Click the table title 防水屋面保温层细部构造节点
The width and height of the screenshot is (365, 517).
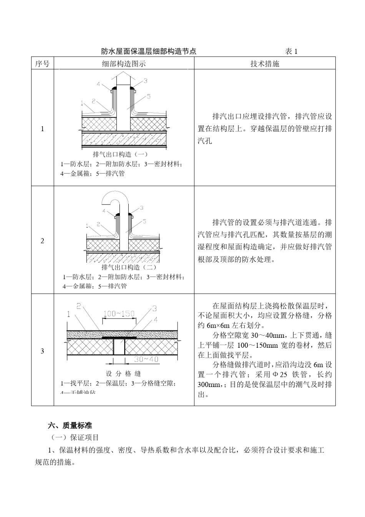click(x=148, y=51)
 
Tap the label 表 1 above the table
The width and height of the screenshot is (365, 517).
click(x=292, y=51)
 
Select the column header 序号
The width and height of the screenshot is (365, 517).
click(x=42, y=64)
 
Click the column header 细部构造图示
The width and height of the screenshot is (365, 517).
click(x=124, y=64)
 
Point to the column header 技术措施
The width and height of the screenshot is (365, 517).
click(x=265, y=64)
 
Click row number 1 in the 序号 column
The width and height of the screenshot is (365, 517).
click(x=42, y=129)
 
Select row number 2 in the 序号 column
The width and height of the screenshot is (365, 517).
click(x=42, y=241)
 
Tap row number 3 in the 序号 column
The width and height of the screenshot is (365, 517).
click(x=42, y=351)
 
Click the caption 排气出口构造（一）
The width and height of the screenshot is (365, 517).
click(x=120, y=154)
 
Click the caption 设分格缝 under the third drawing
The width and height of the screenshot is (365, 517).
click(x=123, y=374)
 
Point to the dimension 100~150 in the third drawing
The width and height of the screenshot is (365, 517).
click(x=119, y=314)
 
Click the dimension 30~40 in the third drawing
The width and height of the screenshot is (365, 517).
click(x=146, y=359)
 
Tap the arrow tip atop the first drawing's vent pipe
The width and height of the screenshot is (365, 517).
click(x=124, y=73)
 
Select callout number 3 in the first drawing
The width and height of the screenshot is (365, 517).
click(x=146, y=81)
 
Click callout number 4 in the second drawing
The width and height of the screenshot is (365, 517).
click(x=104, y=211)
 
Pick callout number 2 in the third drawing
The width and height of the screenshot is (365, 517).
click(x=79, y=306)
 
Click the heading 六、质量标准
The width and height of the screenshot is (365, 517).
click(x=70, y=425)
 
